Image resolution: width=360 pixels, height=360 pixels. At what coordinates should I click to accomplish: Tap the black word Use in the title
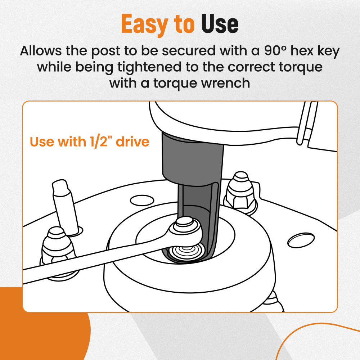pos(220,23)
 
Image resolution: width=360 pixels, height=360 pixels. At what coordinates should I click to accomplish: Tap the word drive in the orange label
pos(133,141)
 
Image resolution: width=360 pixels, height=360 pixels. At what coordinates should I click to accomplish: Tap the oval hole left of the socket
pos(142,201)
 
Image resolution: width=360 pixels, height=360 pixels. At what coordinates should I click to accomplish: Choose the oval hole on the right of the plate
pos(301,240)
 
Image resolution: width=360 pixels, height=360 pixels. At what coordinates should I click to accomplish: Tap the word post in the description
pos(105,51)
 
